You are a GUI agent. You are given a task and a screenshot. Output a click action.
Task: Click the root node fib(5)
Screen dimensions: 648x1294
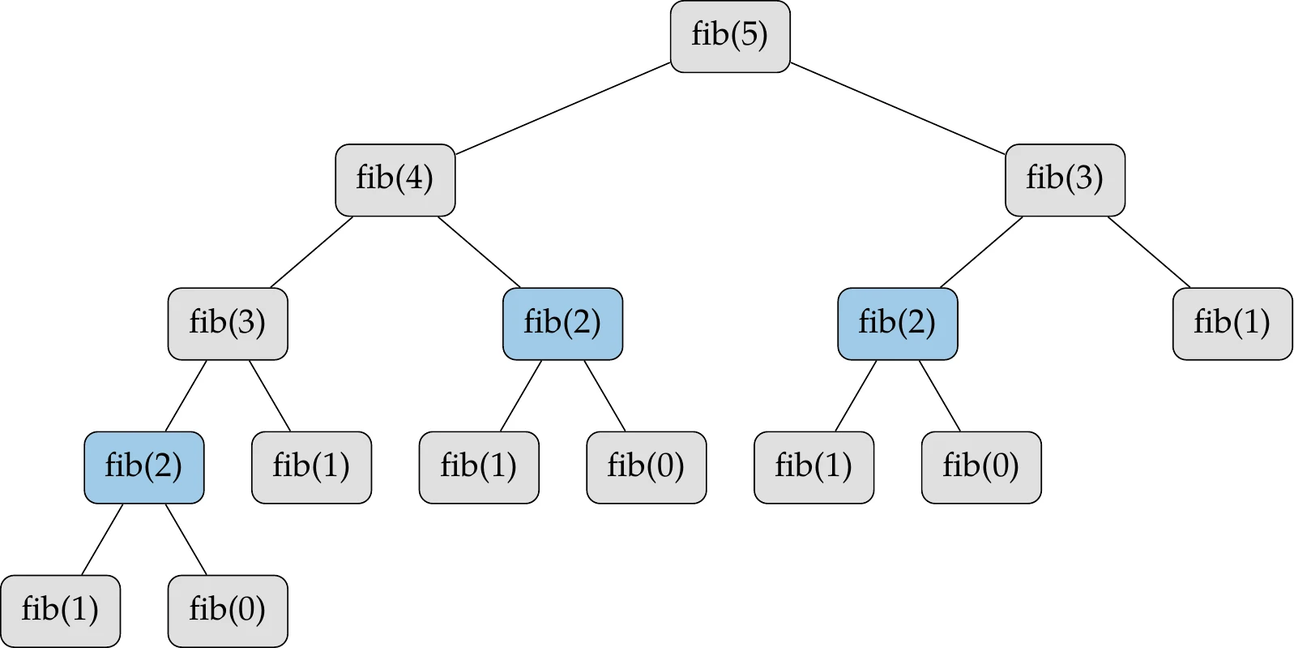click(x=729, y=36)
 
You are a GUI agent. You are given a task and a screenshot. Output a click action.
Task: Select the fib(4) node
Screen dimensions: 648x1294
click(x=395, y=180)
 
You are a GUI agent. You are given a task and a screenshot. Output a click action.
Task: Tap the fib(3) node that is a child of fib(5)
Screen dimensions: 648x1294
click(x=1065, y=180)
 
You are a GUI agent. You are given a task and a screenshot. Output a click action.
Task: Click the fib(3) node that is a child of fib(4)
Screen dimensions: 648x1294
click(x=228, y=324)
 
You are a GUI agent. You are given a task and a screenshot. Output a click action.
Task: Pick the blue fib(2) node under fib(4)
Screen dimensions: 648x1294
click(x=562, y=324)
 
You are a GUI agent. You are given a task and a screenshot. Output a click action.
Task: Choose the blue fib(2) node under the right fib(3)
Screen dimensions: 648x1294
click(x=897, y=324)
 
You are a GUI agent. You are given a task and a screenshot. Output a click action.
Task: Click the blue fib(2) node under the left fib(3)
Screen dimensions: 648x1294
click(x=144, y=467)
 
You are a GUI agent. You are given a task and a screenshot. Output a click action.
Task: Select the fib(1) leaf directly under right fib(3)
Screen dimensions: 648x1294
click(x=1232, y=324)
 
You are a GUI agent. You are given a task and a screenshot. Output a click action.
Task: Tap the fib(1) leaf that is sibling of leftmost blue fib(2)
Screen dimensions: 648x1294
click(x=311, y=467)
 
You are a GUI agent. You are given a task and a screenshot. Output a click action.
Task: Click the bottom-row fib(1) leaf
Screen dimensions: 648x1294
click(x=61, y=611)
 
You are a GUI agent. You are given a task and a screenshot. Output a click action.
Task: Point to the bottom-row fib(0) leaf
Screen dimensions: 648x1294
click(x=228, y=611)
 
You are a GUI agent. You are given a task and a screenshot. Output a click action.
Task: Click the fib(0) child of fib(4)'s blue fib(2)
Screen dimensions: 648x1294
click(x=646, y=467)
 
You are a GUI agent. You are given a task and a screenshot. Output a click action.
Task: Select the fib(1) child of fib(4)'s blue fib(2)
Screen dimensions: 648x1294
click(x=479, y=467)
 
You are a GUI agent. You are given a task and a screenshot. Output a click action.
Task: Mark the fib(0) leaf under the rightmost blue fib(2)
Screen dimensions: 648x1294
click(x=980, y=467)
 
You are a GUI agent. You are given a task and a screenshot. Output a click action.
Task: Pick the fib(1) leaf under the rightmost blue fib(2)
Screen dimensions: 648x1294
click(x=814, y=467)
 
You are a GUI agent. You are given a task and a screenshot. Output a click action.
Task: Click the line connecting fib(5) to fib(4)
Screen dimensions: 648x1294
click(x=562, y=108)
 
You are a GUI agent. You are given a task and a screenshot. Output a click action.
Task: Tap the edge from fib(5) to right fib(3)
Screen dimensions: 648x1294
click(x=897, y=108)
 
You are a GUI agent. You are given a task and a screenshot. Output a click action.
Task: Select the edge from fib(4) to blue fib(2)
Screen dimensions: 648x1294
click(x=479, y=251)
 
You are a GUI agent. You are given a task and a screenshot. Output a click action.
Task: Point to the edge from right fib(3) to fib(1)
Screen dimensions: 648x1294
click(x=1149, y=252)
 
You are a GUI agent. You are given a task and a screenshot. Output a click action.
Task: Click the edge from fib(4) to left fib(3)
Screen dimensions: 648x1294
click(x=312, y=251)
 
